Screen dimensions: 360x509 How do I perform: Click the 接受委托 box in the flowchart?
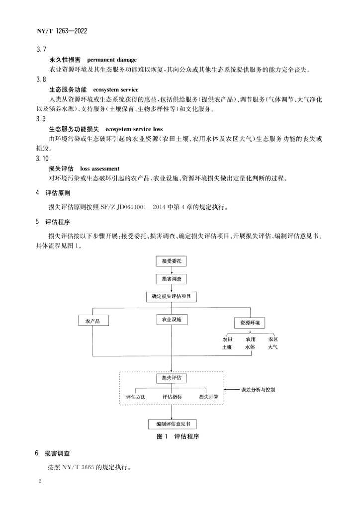[x=172, y=261]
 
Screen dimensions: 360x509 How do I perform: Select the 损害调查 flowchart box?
[x=172, y=279]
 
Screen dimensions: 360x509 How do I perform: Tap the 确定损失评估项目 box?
[x=172, y=296]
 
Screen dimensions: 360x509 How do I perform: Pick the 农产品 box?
[x=93, y=321]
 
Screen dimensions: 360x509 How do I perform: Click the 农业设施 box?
[x=172, y=320]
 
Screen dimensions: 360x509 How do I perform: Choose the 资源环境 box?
[x=250, y=323]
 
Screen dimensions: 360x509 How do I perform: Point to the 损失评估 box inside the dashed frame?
[x=172, y=378]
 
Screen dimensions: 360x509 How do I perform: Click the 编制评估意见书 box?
[x=173, y=424]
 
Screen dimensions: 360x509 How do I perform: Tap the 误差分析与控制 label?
[x=258, y=390]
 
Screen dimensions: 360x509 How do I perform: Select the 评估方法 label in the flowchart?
[x=136, y=397]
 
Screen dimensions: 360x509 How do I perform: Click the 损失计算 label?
[x=209, y=397]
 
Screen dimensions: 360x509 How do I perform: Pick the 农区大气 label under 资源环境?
[x=273, y=343]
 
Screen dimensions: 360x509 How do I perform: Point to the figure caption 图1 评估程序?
[x=178, y=436]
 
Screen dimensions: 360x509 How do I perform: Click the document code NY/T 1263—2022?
[x=62, y=31]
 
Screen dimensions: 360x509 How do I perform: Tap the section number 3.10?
[x=42, y=159]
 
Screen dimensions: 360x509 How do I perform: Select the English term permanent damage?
[x=112, y=60]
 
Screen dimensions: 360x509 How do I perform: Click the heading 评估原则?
[x=58, y=193]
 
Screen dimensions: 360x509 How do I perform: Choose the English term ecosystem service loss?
[x=134, y=129]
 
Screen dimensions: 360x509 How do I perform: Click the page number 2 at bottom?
[x=40, y=481]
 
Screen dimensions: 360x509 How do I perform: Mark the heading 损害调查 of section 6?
[x=57, y=453]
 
